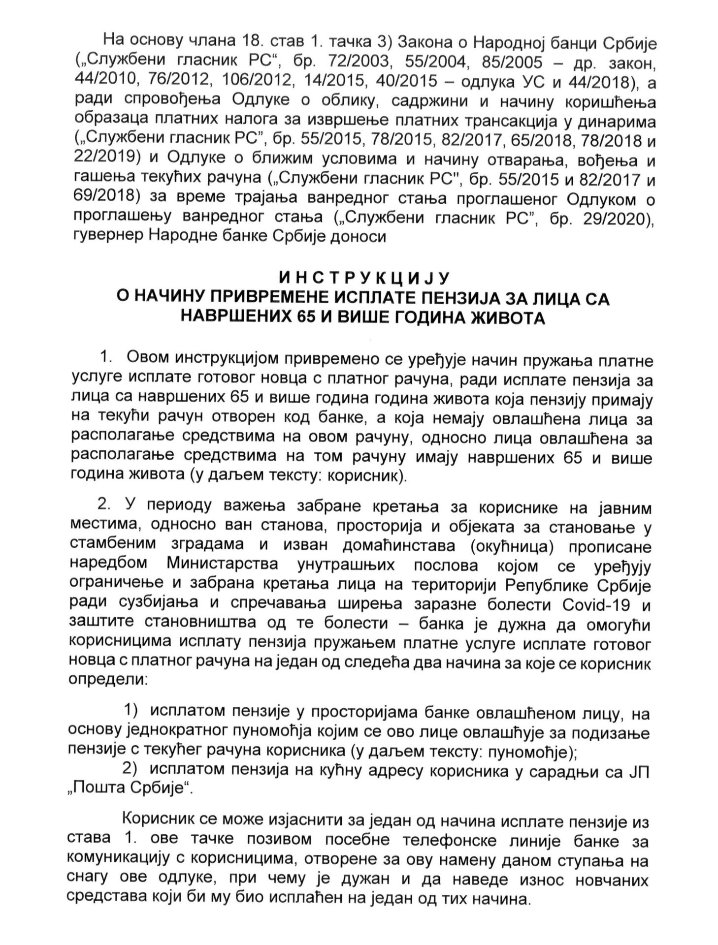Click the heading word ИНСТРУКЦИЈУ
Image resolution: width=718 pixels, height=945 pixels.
359,279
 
